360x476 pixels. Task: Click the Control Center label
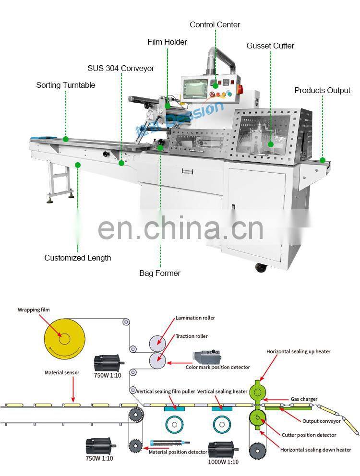pyautogui.click(x=215, y=24)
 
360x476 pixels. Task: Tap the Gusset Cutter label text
pyautogui.click(x=270, y=46)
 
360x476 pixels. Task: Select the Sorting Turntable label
pyautogui.click(x=66, y=85)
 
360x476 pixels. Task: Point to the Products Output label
pyautogui.click(x=323, y=90)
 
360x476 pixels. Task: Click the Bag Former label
pyautogui.click(x=160, y=273)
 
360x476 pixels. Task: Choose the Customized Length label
pyautogui.click(x=78, y=258)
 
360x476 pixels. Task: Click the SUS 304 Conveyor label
pyautogui.click(x=120, y=68)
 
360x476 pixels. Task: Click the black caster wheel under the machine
pyautogui.click(x=261, y=268)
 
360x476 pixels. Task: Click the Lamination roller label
pyautogui.click(x=195, y=318)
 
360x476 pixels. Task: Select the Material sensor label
pyautogui.click(x=62, y=372)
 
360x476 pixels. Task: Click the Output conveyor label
pyautogui.click(x=321, y=421)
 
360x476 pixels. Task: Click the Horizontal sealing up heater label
pyautogui.click(x=298, y=351)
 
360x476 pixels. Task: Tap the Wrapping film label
pyautogui.click(x=34, y=310)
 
